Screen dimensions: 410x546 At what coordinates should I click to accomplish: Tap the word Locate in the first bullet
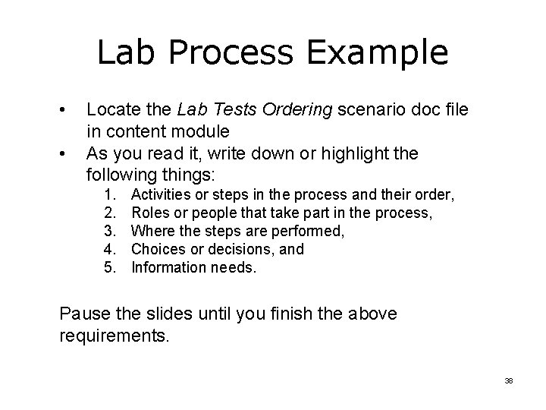(x=111, y=110)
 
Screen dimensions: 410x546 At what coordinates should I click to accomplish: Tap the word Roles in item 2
(x=149, y=213)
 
